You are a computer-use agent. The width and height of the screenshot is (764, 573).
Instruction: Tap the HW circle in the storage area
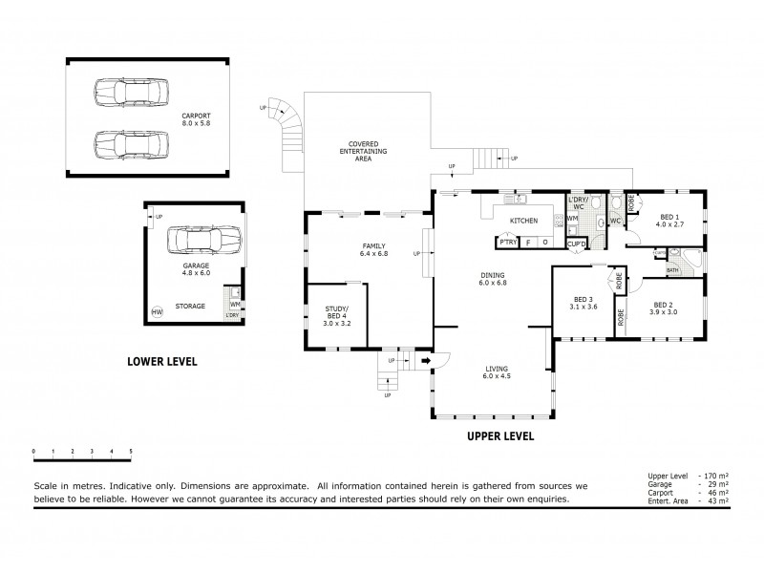tap(157, 312)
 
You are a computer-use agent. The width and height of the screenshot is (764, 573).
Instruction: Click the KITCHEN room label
tap(523, 221)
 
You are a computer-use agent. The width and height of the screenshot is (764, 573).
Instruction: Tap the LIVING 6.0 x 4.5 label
tap(496, 371)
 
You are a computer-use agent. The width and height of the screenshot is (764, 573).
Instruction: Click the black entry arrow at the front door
tap(426, 362)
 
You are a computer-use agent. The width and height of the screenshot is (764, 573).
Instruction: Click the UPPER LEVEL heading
tap(499, 436)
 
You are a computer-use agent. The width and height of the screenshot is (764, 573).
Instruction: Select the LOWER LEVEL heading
tap(162, 362)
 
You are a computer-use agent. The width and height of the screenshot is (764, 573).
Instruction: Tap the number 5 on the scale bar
tap(131, 450)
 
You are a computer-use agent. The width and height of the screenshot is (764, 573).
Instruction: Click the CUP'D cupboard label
tap(576, 244)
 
